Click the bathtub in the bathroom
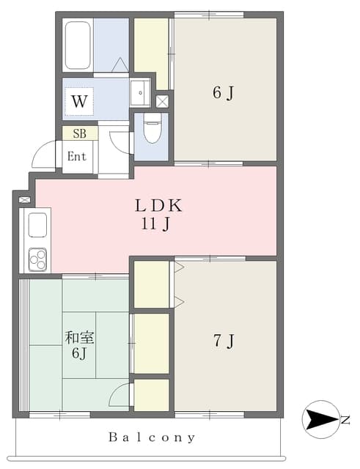(78, 45)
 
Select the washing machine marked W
(79, 102)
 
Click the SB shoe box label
(80, 133)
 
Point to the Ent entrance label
(76, 156)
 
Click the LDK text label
(158, 206)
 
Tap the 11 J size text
(155, 224)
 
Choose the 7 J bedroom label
(224, 341)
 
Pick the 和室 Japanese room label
(80, 338)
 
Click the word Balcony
(152, 437)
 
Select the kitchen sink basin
(37, 225)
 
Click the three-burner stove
(37, 259)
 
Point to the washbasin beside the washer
(140, 93)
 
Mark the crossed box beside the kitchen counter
(24, 199)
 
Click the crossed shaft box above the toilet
(162, 102)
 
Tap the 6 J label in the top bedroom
(223, 93)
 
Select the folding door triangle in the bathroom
(120, 64)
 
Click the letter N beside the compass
(345, 420)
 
